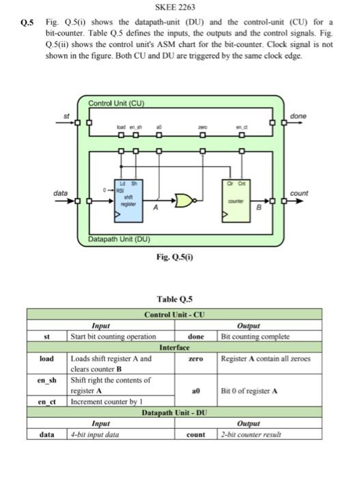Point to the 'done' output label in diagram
[299, 117]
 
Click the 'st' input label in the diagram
[66, 116]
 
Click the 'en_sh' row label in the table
[46, 380]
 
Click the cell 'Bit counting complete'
[254, 337]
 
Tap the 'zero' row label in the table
[195, 358]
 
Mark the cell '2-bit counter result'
[251, 434]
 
